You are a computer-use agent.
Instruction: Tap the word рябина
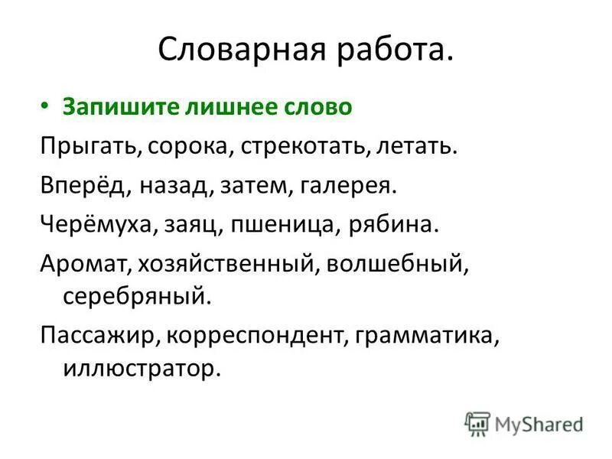[396, 225]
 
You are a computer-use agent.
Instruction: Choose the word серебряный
[133, 295]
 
